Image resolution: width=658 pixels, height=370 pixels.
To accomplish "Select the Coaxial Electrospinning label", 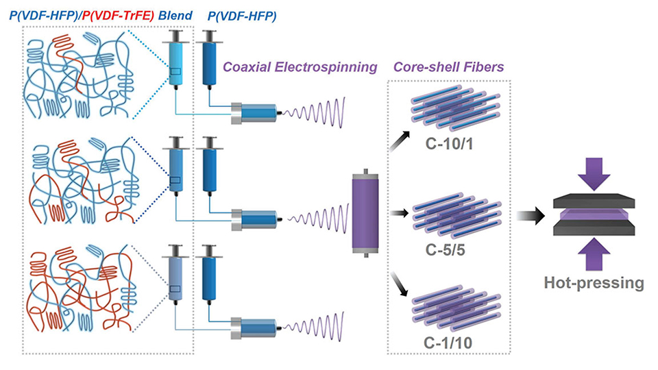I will pyautogui.click(x=300, y=68).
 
